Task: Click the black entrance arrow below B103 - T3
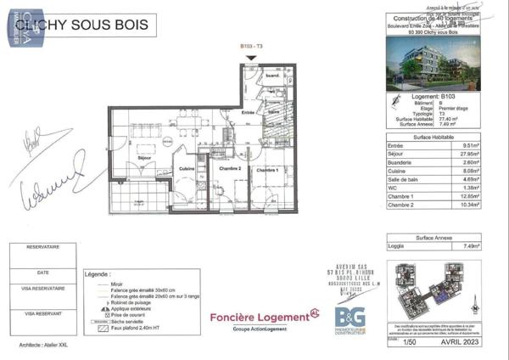pyautogui.click(x=249, y=59)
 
